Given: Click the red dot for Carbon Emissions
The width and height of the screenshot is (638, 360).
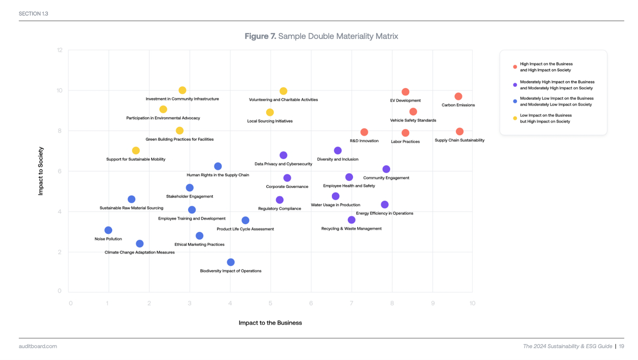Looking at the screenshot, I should [458, 96].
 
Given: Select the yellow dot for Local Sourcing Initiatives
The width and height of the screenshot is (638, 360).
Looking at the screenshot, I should [270, 112].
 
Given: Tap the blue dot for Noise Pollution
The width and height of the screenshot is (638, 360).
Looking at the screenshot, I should [108, 230].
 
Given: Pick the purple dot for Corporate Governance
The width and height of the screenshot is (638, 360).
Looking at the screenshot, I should [287, 178].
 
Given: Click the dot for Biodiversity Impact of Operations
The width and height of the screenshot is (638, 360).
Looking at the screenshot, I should [230, 262].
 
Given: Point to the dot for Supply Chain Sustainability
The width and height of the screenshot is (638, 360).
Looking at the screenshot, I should [459, 132].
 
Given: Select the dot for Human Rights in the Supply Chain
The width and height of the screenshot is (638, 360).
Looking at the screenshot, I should [218, 166].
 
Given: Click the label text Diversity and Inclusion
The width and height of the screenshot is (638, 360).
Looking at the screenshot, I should [337, 159].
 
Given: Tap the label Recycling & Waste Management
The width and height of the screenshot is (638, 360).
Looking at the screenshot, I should [351, 228].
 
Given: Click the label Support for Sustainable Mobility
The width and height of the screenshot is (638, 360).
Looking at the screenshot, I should [136, 159].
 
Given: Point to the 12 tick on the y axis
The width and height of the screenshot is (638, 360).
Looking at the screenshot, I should [60, 50].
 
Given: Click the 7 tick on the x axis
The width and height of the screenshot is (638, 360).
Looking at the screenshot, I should [351, 303].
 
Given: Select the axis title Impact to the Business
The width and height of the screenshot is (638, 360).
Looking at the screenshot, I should [270, 323].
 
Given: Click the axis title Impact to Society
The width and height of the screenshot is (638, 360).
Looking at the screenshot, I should [40, 171].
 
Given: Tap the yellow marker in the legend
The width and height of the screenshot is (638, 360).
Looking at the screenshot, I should [515, 118].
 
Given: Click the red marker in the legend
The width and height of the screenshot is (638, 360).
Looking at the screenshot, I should [515, 67].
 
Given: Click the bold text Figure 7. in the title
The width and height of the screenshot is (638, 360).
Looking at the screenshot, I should [260, 36].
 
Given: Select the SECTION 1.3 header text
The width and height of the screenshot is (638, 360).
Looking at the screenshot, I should [33, 14].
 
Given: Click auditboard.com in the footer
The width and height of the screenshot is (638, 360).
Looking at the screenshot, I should [38, 346].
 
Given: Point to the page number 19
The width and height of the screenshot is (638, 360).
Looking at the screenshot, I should [621, 346].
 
